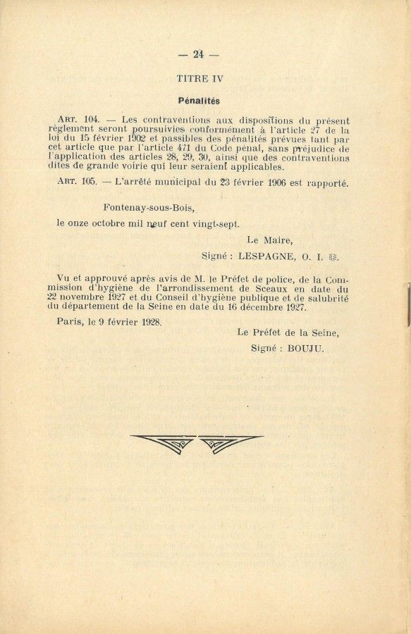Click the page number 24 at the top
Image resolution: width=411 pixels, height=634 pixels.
pos(198,54)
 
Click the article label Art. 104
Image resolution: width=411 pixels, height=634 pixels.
pos(80,120)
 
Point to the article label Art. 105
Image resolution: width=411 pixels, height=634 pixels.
pos(80,182)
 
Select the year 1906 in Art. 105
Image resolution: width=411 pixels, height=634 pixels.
pos(269,182)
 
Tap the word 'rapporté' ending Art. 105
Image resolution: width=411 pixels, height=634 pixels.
pos(326,182)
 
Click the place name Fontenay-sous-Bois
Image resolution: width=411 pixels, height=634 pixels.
pos(149,208)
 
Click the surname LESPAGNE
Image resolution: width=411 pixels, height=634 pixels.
pos(263,256)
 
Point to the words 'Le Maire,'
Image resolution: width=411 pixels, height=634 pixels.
pos(269,240)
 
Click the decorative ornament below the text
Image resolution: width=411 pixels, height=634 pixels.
pos(197,443)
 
